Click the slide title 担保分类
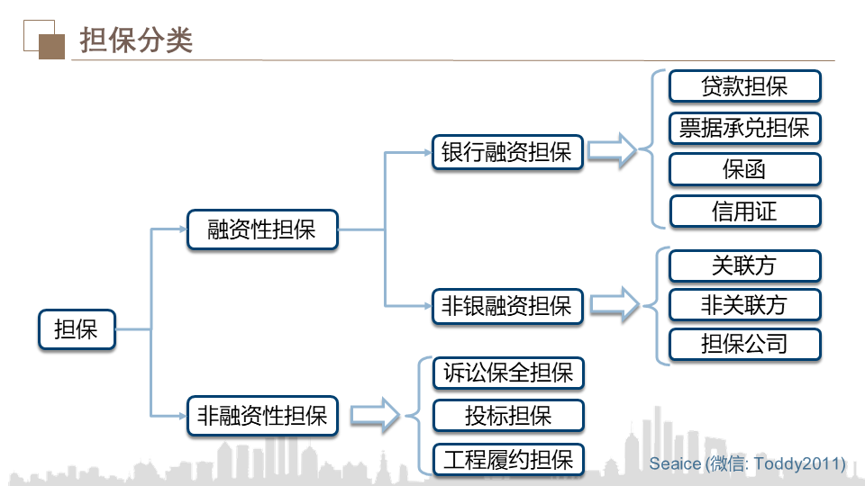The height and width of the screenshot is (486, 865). click(136, 40)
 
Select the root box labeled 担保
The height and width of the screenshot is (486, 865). click(77, 329)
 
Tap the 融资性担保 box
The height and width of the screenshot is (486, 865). click(262, 229)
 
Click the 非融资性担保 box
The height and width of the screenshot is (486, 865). click(262, 416)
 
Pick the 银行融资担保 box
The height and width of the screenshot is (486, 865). click(507, 151)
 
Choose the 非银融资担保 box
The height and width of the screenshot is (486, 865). click(507, 306)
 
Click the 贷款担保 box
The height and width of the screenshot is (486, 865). click(744, 86)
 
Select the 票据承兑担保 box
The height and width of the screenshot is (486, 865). click(744, 128)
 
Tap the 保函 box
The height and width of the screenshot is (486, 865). click(744, 170)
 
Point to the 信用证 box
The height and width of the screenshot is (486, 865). click(744, 212)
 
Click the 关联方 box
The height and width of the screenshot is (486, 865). click(744, 266)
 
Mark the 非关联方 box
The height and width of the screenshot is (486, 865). click(744, 305)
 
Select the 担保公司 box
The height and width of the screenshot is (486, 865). click(744, 344)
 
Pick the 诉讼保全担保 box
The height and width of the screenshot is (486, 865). click(508, 373)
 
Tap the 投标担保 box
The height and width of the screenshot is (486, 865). click(508, 416)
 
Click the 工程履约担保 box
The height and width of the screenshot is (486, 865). click(508, 460)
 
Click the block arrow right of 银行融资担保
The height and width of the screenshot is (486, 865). click(613, 151)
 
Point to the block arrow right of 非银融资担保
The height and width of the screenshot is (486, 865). click(613, 306)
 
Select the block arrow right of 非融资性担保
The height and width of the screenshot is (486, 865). click(374, 416)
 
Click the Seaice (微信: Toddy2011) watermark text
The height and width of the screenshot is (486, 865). click(747, 463)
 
